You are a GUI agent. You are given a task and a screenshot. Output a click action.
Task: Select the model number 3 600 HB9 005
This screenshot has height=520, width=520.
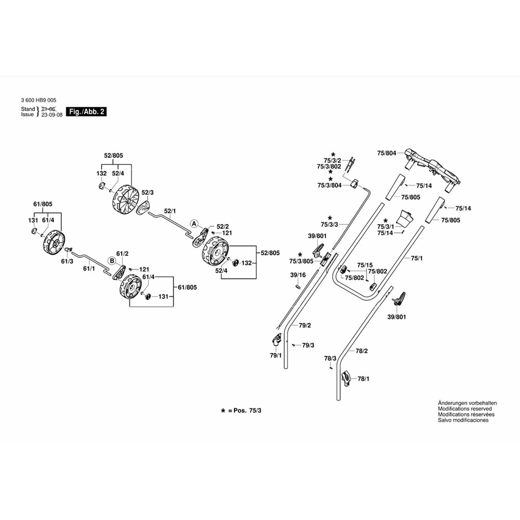(38, 100)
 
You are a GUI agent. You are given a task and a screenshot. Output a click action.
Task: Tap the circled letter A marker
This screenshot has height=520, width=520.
(194, 224)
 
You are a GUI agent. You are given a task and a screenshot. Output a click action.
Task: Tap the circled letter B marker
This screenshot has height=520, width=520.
(111, 261)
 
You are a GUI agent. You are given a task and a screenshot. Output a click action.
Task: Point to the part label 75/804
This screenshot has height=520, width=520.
(386, 153)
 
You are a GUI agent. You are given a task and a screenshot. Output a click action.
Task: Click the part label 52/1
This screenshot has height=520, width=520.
(170, 211)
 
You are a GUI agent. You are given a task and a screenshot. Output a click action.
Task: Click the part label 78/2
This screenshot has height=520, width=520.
(361, 352)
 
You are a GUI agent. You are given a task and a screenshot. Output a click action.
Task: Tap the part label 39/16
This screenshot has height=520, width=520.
(297, 275)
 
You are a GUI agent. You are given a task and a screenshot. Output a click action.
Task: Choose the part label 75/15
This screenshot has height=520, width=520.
(366, 265)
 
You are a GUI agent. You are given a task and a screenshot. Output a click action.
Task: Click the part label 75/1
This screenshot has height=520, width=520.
(417, 258)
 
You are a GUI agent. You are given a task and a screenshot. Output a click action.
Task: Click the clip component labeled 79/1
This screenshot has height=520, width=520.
(276, 341)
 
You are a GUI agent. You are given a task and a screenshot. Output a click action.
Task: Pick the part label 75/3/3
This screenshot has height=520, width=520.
(329, 224)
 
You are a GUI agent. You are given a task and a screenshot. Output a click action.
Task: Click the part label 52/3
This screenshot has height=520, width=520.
(148, 192)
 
